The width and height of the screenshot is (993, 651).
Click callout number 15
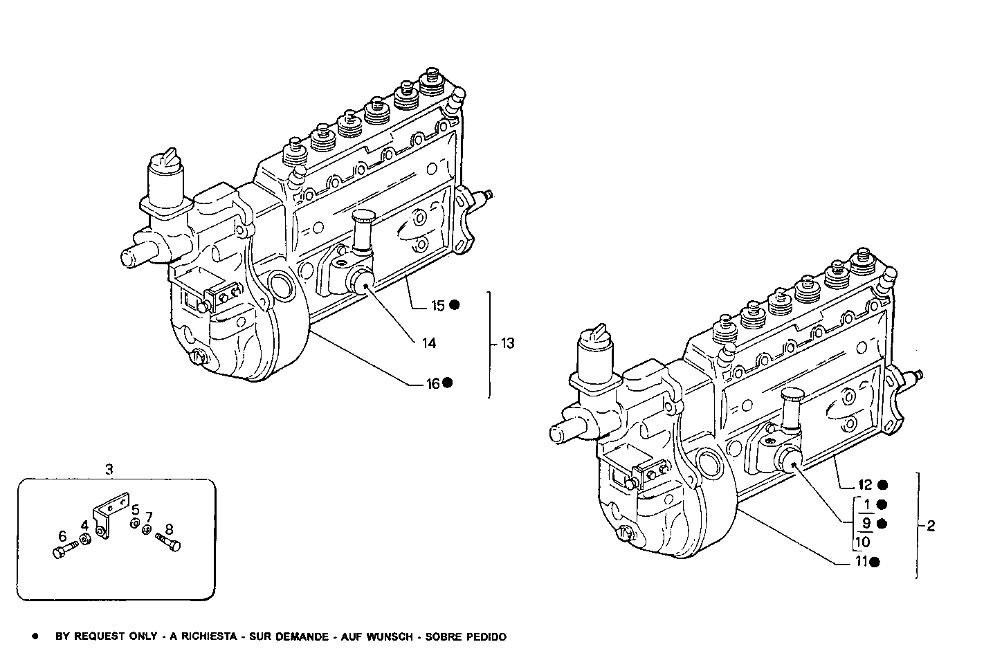tap(438, 305)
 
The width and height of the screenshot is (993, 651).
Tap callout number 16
tap(432, 383)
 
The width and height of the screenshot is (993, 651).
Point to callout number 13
tap(507, 343)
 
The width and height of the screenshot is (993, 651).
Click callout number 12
tap(866, 485)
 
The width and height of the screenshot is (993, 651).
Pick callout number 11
tap(861, 562)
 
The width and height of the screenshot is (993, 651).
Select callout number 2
tap(931, 526)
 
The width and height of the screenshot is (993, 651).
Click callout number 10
tap(863, 542)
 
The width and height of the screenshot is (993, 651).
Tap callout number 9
tap(866, 523)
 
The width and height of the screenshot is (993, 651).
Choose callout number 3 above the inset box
tap(109, 470)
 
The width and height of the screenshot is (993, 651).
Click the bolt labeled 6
tap(61, 551)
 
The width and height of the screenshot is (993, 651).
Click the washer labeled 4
tap(84, 540)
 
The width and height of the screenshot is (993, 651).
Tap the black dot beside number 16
tap(448, 383)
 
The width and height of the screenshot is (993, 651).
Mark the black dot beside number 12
tap(882, 485)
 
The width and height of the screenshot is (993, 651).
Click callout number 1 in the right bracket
tap(866, 504)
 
